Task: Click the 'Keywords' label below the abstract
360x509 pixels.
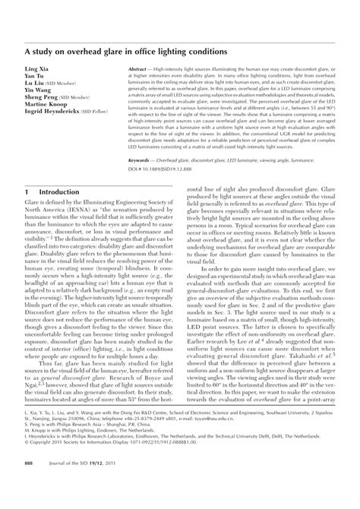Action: click(x=142, y=183)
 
